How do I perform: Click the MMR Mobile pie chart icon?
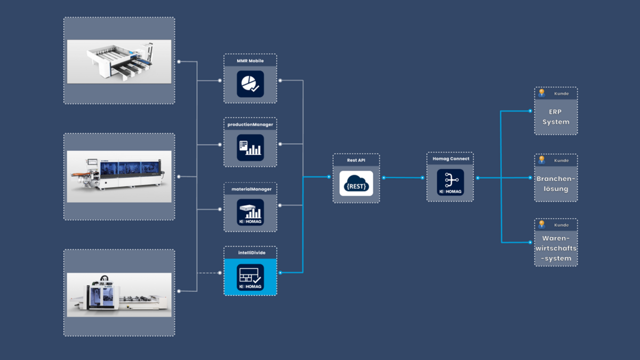pos(250,84)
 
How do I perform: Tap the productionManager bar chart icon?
pos(250,148)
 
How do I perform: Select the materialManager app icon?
pos(250,212)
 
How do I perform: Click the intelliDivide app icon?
pos(250,277)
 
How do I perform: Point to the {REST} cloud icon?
pos(356,183)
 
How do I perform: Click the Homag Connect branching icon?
pos(450,182)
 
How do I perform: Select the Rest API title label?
pos(356,160)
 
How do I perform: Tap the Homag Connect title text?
pos(450,158)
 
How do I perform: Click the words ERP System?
pos(556,117)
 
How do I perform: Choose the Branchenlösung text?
pos(556,183)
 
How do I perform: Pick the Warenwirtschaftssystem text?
pos(556,248)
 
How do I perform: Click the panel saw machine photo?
pos(119,61)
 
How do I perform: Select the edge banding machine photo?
pos(119,176)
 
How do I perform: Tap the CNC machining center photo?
pos(119,294)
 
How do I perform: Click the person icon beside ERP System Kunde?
pos(542,93)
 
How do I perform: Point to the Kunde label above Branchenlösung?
pos(561,160)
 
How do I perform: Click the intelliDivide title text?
pos(250,252)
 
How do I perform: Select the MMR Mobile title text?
pos(250,61)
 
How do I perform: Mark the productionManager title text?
pos(250,125)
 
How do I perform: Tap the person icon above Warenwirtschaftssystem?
pos(542,225)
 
